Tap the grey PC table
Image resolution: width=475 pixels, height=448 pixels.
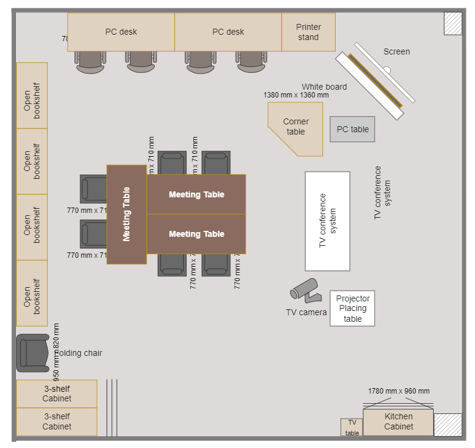tap(352, 129)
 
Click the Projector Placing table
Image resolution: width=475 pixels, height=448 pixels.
tap(352, 309)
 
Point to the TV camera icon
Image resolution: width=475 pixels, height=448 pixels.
tap(305, 289)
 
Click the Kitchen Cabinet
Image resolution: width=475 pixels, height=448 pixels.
tap(398, 422)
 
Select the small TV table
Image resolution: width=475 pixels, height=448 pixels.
tap(352, 428)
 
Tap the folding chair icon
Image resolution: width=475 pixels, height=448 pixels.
tap(32, 353)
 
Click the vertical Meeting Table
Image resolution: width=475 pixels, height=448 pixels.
tap(126, 214)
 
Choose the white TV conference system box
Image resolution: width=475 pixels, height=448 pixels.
tap(327, 221)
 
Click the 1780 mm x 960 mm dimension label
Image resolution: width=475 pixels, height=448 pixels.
tap(398, 391)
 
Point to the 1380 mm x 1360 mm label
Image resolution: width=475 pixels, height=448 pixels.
tap(296, 95)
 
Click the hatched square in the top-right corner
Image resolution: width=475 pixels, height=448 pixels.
tap(453, 23)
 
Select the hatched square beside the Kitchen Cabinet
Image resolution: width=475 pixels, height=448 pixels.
tap(447, 425)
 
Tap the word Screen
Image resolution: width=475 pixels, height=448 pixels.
tap(397, 51)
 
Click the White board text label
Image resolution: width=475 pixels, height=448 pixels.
tap(324, 87)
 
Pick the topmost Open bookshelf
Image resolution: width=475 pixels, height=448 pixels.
tap(32, 96)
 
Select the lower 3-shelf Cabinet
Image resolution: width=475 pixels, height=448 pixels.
tap(57, 422)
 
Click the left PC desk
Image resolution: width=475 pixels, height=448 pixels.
tap(121, 32)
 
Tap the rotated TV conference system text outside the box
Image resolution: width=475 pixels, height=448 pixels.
tap(382, 193)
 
